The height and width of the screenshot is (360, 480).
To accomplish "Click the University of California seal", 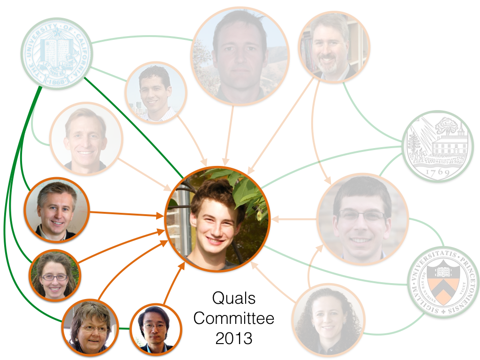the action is point(57,53).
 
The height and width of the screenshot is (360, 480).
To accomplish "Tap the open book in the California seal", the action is point(55,51).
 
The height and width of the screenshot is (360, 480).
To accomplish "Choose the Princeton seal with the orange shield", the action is point(443,281).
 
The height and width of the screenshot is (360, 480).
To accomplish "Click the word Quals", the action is point(233,298).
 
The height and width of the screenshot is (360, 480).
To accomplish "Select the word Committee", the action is point(233,318).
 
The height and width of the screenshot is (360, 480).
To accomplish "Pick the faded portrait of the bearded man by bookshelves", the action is point(334,47).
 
